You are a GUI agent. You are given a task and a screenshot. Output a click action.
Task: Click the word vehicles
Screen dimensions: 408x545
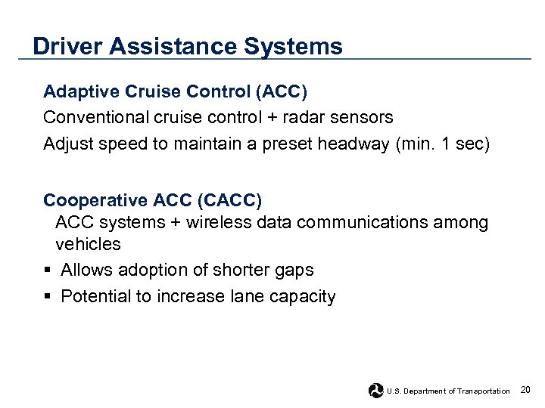88,245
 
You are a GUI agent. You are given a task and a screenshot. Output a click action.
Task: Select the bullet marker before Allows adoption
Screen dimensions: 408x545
48,270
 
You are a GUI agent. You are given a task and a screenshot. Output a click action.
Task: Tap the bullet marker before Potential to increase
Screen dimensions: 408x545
48,297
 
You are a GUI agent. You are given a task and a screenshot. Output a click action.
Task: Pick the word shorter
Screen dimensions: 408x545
249,270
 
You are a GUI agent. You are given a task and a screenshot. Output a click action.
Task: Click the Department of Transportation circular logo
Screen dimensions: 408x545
376,390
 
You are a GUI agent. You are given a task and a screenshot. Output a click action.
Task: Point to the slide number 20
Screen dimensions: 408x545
525,390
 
